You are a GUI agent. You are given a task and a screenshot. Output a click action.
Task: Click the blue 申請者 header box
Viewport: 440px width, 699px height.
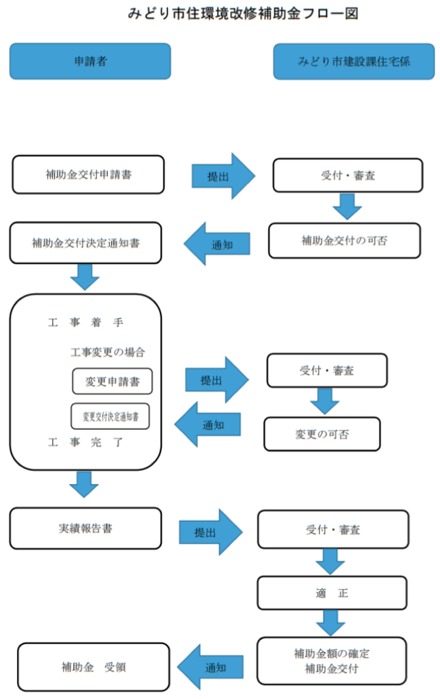click(x=89, y=62)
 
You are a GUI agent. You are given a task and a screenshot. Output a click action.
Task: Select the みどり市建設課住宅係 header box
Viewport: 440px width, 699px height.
click(x=353, y=62)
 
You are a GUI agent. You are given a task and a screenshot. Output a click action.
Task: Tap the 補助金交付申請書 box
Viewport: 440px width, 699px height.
click(x=88, y=175)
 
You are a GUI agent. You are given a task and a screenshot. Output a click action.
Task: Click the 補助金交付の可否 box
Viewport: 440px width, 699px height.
click(x=345, y=240)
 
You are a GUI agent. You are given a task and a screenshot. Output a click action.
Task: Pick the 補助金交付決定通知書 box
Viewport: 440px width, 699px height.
click(x=85, y=242)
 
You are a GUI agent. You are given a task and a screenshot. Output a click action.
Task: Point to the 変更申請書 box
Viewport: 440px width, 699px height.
click(x=112, y=381)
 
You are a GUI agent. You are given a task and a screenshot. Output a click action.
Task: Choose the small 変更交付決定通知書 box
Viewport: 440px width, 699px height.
click(x=110, y=416)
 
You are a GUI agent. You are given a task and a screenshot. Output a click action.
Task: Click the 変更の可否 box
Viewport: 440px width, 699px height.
click(x=322, y=434)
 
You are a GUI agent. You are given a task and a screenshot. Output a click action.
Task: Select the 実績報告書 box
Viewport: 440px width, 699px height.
click(x=85, y=528)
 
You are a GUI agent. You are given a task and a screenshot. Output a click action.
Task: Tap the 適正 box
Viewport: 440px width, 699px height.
click(x=332, y=593)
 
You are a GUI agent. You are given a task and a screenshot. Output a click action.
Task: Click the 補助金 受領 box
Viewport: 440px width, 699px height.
click(x=93, y=667)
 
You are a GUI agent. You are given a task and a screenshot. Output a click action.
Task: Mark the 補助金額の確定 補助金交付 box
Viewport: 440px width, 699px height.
click(x=332, y=661)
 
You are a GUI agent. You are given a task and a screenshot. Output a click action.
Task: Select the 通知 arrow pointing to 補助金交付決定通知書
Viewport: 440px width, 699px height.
click(x=217, y=244)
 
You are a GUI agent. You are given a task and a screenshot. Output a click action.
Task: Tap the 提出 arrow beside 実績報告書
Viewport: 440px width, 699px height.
click(x=210, y=532)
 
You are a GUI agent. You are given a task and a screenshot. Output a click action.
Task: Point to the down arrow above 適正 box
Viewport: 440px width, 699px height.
click(x=330, y=561)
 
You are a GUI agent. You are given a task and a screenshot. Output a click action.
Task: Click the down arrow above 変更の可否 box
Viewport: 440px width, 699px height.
click(x=325, y=401)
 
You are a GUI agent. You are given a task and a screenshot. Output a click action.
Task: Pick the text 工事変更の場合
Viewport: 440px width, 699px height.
click(x=108, y=352)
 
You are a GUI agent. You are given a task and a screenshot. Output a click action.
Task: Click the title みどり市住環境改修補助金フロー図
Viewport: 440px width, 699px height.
click(x=242, y=13)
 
